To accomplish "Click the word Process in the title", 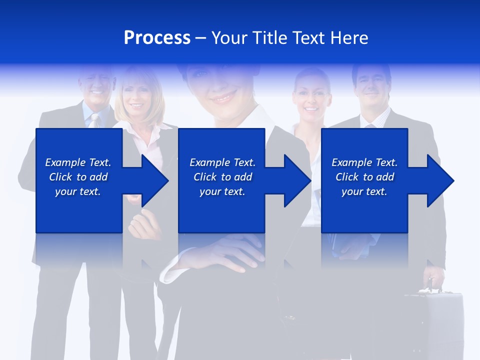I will [x=157, y=38].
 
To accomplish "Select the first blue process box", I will [x=79, y=150].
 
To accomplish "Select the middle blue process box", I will [x=221, y=150].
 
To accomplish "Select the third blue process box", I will [x=364, y=150].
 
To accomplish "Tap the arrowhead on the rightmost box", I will [x=439, y=180].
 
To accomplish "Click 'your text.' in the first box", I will [x=78, y=191].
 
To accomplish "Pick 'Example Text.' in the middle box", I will [x=222, y=162].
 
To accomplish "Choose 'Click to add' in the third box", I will [x=365, y=177].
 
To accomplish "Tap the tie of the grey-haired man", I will [x=94, y=120].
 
